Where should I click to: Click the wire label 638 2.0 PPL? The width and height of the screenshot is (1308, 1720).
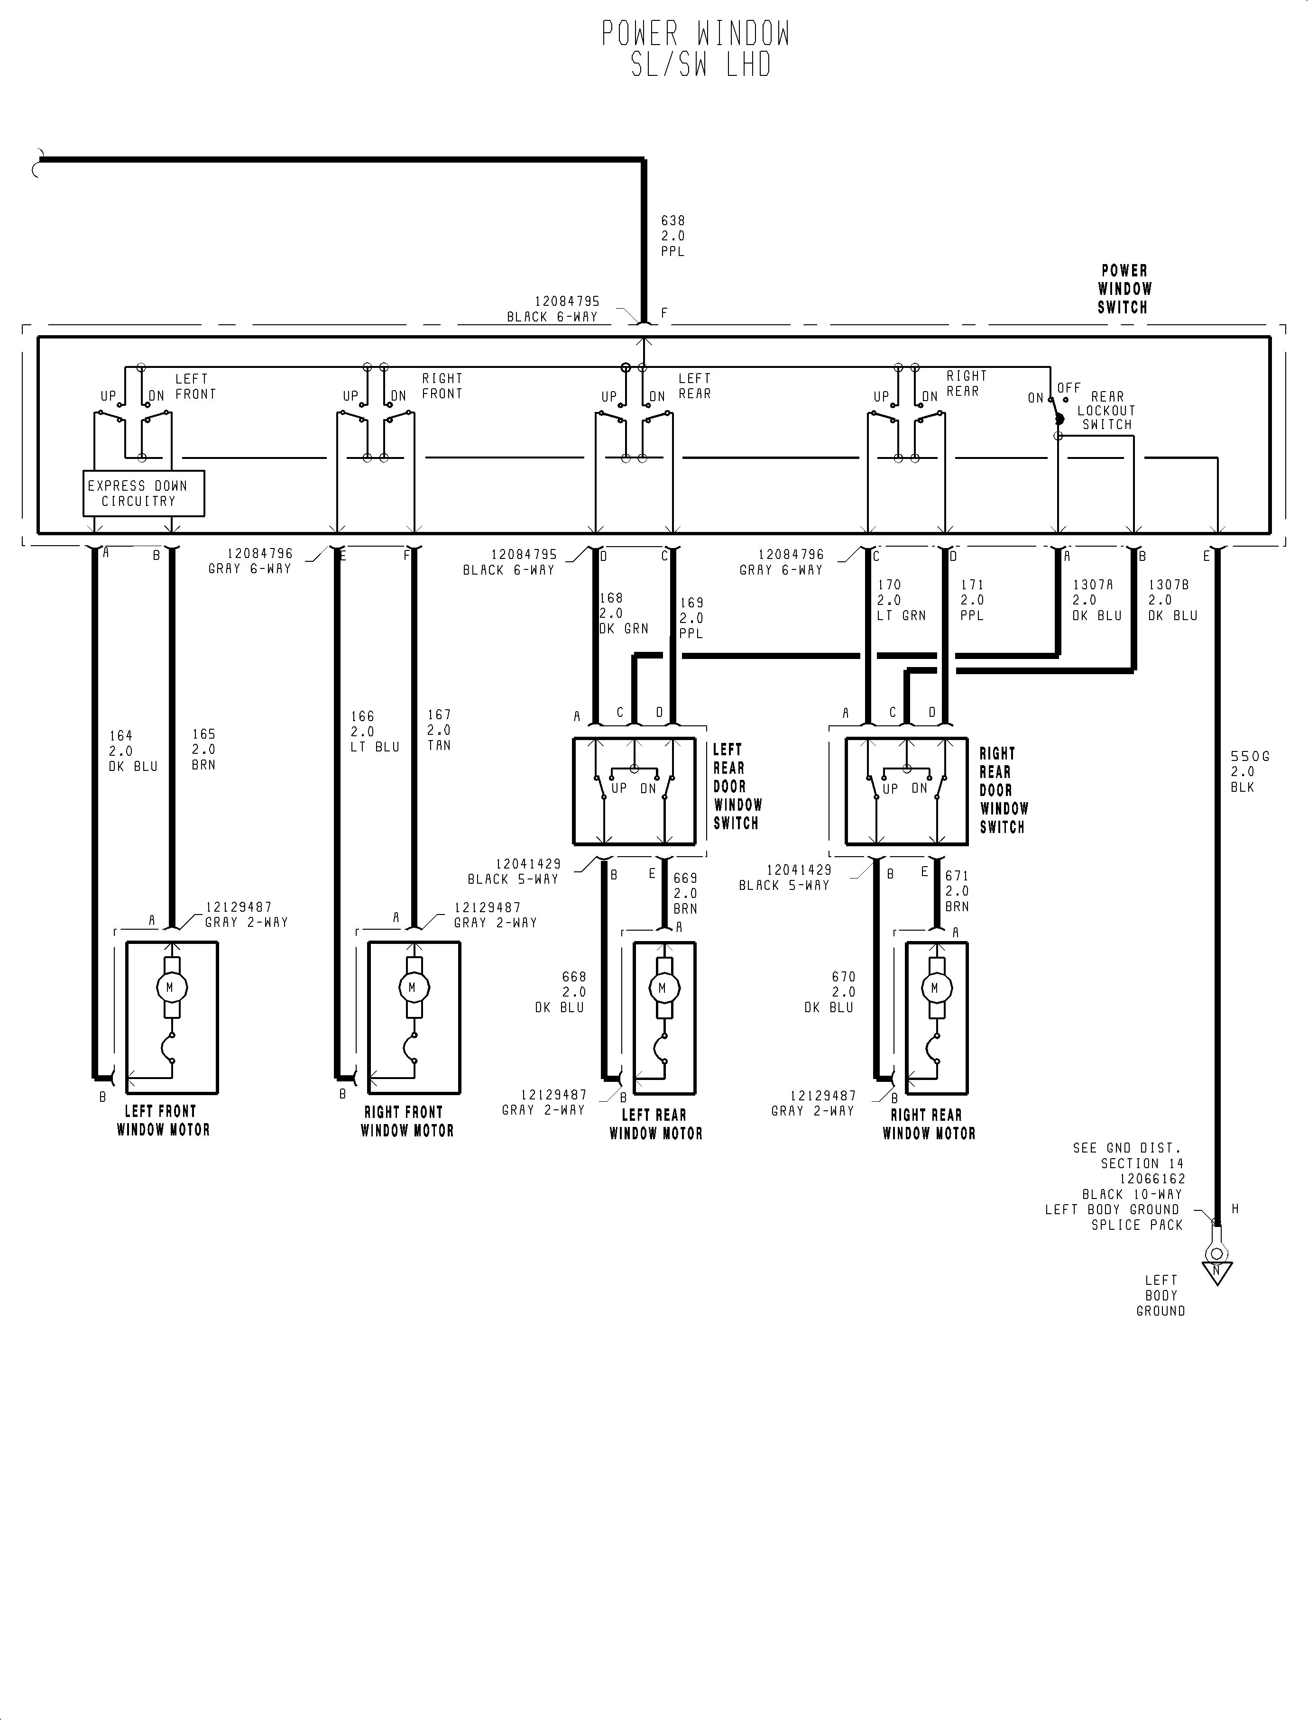pyautogui.click(x=672, y=236)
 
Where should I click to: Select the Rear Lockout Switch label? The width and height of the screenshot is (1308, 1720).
pyautogui.click(x=1106, y=410)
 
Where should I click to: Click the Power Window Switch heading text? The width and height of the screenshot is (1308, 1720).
pyautogui.click(x=1124, y=289)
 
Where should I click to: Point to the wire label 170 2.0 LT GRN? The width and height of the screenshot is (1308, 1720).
pyautogui.click(x=901, y=600)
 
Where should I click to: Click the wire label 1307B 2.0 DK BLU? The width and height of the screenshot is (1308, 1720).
pyautogui.click(x=1172, y=600)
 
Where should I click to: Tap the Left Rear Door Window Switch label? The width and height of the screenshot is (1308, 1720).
pyautogui.click(x=737, y=786)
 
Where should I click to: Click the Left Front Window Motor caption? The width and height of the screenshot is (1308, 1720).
pyautogui.click(x=164, y=1121)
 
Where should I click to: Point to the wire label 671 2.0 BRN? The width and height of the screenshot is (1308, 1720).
pyautogui.click(x=957, y=891)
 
